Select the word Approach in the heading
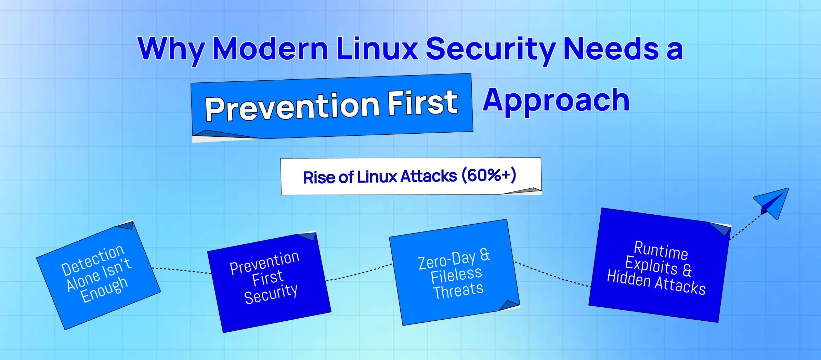click(556, 100)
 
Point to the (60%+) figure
click(488, 175)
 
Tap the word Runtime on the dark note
click(661, 250)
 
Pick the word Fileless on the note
click(456, 275)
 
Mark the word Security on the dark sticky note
click(271, 294)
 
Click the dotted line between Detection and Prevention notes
click(182, 270)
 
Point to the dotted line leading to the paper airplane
click(746, 227)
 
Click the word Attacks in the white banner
click(429, 176)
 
